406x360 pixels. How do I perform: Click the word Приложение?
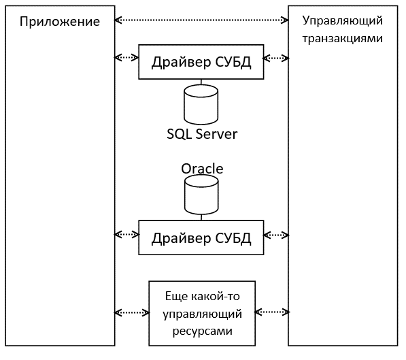pos(60,22)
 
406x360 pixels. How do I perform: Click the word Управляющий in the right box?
pos(342,20)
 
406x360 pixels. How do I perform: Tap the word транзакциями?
pos(342,39)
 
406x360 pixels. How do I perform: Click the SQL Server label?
pos(202,134)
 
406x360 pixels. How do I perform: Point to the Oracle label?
pos(202,169)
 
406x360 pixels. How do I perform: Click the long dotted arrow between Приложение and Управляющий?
pos(201,20)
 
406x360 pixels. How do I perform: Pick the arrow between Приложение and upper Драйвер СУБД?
pos(126,57)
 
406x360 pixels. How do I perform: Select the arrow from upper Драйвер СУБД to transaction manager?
pos(276,58)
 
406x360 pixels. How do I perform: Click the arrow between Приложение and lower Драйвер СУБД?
pos(126,235)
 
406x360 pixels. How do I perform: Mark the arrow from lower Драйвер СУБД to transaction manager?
pos(276,235)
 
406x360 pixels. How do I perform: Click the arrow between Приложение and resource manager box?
pos(132,312)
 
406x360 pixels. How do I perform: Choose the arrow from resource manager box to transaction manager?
pos(272,312)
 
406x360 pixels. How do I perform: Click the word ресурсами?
pos(202,331)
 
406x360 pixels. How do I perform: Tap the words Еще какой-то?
pos(202,296)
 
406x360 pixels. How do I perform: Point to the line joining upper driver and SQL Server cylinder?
pos(201,82)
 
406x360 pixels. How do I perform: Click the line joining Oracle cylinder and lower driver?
pos(201,217)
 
